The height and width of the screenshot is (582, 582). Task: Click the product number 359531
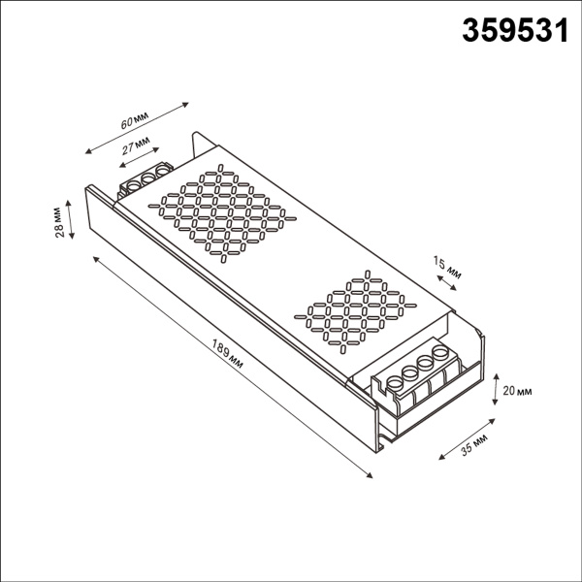[511, 32]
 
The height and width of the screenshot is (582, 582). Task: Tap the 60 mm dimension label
[134, 121]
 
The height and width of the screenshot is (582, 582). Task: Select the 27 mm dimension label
[137, 147]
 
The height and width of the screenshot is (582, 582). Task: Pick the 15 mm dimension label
[448, 268]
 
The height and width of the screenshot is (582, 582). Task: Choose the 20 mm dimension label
[519, 390]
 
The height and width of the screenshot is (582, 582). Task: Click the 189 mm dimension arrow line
[233, 366]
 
